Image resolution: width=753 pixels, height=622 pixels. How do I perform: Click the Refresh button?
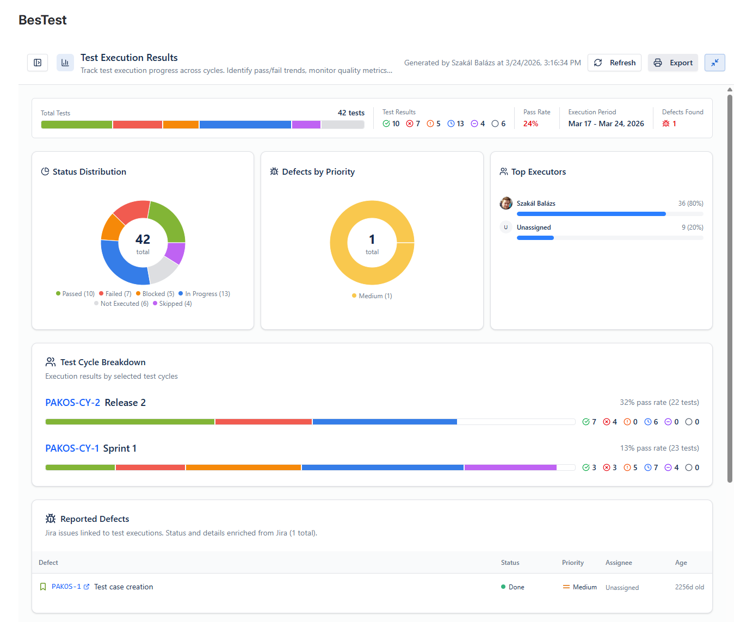pos(614,63)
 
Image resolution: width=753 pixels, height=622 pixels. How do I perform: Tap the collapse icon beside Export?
pos(714,63)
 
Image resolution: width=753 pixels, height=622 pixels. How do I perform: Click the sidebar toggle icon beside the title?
pos(38,63)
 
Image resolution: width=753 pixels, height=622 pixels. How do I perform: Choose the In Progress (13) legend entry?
pos(204,294)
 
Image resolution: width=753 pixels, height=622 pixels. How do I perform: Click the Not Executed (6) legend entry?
pos(121,304)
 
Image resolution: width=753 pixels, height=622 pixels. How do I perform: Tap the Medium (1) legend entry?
pos(372,296)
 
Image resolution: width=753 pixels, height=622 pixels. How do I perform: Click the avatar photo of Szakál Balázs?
pos(505,203)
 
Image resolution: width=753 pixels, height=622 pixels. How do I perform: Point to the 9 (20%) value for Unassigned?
pos(692,227)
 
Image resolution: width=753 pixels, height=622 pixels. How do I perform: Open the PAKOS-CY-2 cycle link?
pos(72,402)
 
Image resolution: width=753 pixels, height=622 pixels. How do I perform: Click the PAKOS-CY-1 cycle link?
pos(72,448)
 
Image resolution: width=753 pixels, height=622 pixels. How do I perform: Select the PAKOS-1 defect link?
pos(66,587)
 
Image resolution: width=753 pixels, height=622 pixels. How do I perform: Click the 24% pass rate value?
pos(530,124)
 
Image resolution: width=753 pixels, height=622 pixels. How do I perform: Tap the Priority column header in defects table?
pos(573,563)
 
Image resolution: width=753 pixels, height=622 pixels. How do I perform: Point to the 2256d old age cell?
pos(689,587)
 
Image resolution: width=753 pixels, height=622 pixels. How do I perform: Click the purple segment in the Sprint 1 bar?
pos(510,467)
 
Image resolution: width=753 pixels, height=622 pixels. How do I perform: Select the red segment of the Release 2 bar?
pos(263,422)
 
